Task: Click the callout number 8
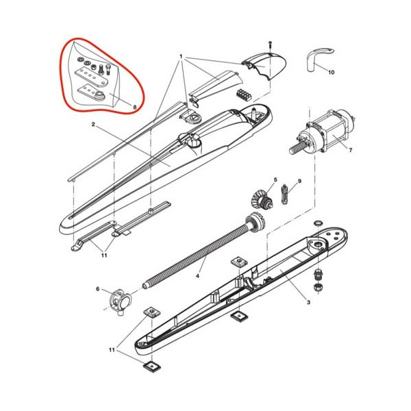135,107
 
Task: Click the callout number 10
332,72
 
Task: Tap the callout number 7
351,150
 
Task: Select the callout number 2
93,124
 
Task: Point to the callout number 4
197,276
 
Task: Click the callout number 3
308,302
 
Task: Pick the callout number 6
98,289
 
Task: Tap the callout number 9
299,181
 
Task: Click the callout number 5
275,179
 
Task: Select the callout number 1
181,56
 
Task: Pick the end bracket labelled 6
120,301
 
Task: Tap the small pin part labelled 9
284,195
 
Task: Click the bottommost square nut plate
151,366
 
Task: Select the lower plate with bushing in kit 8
92,92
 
